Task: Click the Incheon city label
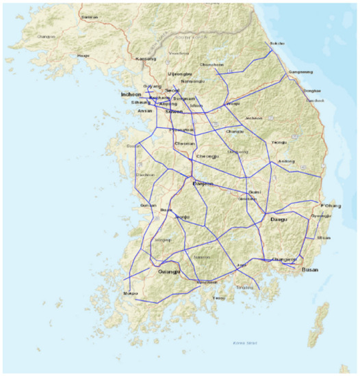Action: tap(130, 94)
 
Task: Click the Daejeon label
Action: tap(203, 183)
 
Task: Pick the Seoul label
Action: tap(172, 90)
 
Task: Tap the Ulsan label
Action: tap(323, 238)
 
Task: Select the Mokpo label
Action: tap(130, 293)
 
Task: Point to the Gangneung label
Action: tap(301, 72)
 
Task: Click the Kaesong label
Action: tap(146, 59)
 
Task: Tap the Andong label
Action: tap(286, 161)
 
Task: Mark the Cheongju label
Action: tap(207, 157)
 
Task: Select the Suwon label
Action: tap(174, 111)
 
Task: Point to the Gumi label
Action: tap(255, 192)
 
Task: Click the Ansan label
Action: tap(145, 110)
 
